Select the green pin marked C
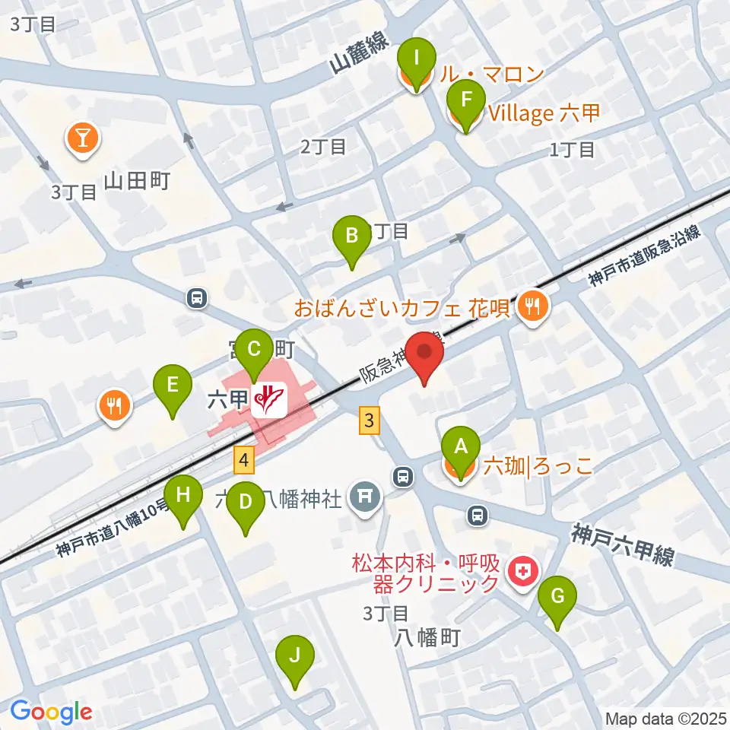point(255,350)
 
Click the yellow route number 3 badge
point(370,420)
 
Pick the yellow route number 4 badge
point(243,459)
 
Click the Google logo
point(51,712)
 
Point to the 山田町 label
point(137,180)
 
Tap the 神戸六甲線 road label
point(624,544)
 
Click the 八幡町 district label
point(427,637)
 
